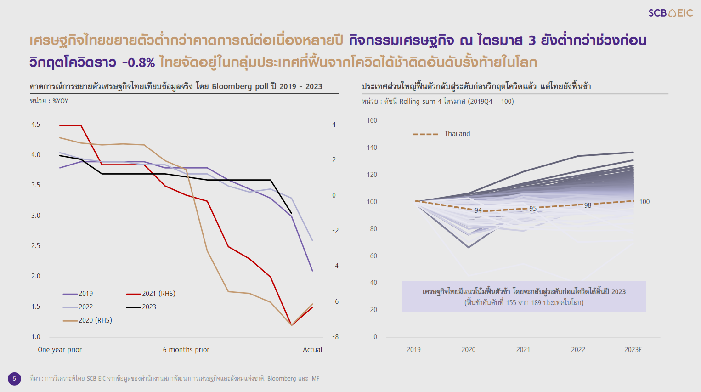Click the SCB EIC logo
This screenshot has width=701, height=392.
click(x=670, y=13)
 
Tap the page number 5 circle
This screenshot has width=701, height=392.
click(x=14, y=379)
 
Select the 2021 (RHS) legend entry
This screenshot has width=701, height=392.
click(x=151, y=294)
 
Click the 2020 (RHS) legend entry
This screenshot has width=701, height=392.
click(x=87, y=320)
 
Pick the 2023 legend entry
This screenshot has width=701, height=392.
click(x=141, y=307)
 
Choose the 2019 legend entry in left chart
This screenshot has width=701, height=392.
click(x=78, y=294)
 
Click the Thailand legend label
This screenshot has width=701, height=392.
click(x=457, y=134)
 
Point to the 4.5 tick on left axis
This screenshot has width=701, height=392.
click(x=36, y=125)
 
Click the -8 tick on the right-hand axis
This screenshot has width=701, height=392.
click(x=335, y=337)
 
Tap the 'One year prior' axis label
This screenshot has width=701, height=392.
click(x=60, y=350)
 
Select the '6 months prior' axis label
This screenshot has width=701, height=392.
click(x=186, y=350)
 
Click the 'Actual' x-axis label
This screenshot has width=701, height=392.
click(x=312, y=350)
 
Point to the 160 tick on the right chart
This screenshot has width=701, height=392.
click(x=372, y=120)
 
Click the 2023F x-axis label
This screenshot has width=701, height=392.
click(x=633, y=350)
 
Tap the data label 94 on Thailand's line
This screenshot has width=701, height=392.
click(x=478, y=210)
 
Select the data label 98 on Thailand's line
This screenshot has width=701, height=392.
click(x=588, y=205)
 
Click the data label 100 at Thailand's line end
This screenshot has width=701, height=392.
click(x=644, y=202)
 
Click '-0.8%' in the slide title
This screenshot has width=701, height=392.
click(x=138, y=62)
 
